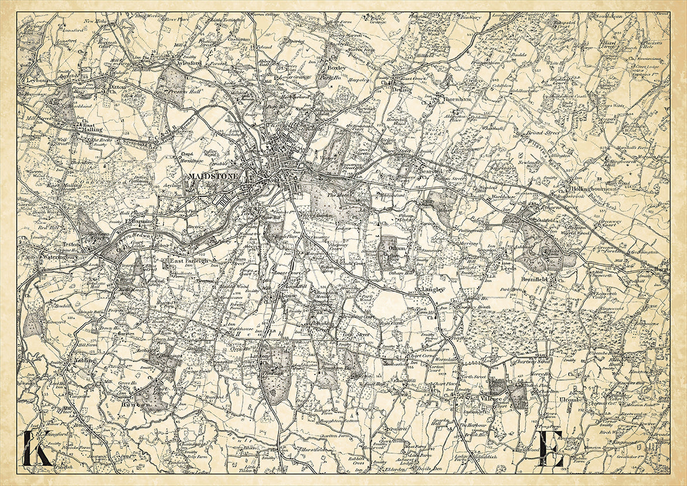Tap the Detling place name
[x=402, y=89]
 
